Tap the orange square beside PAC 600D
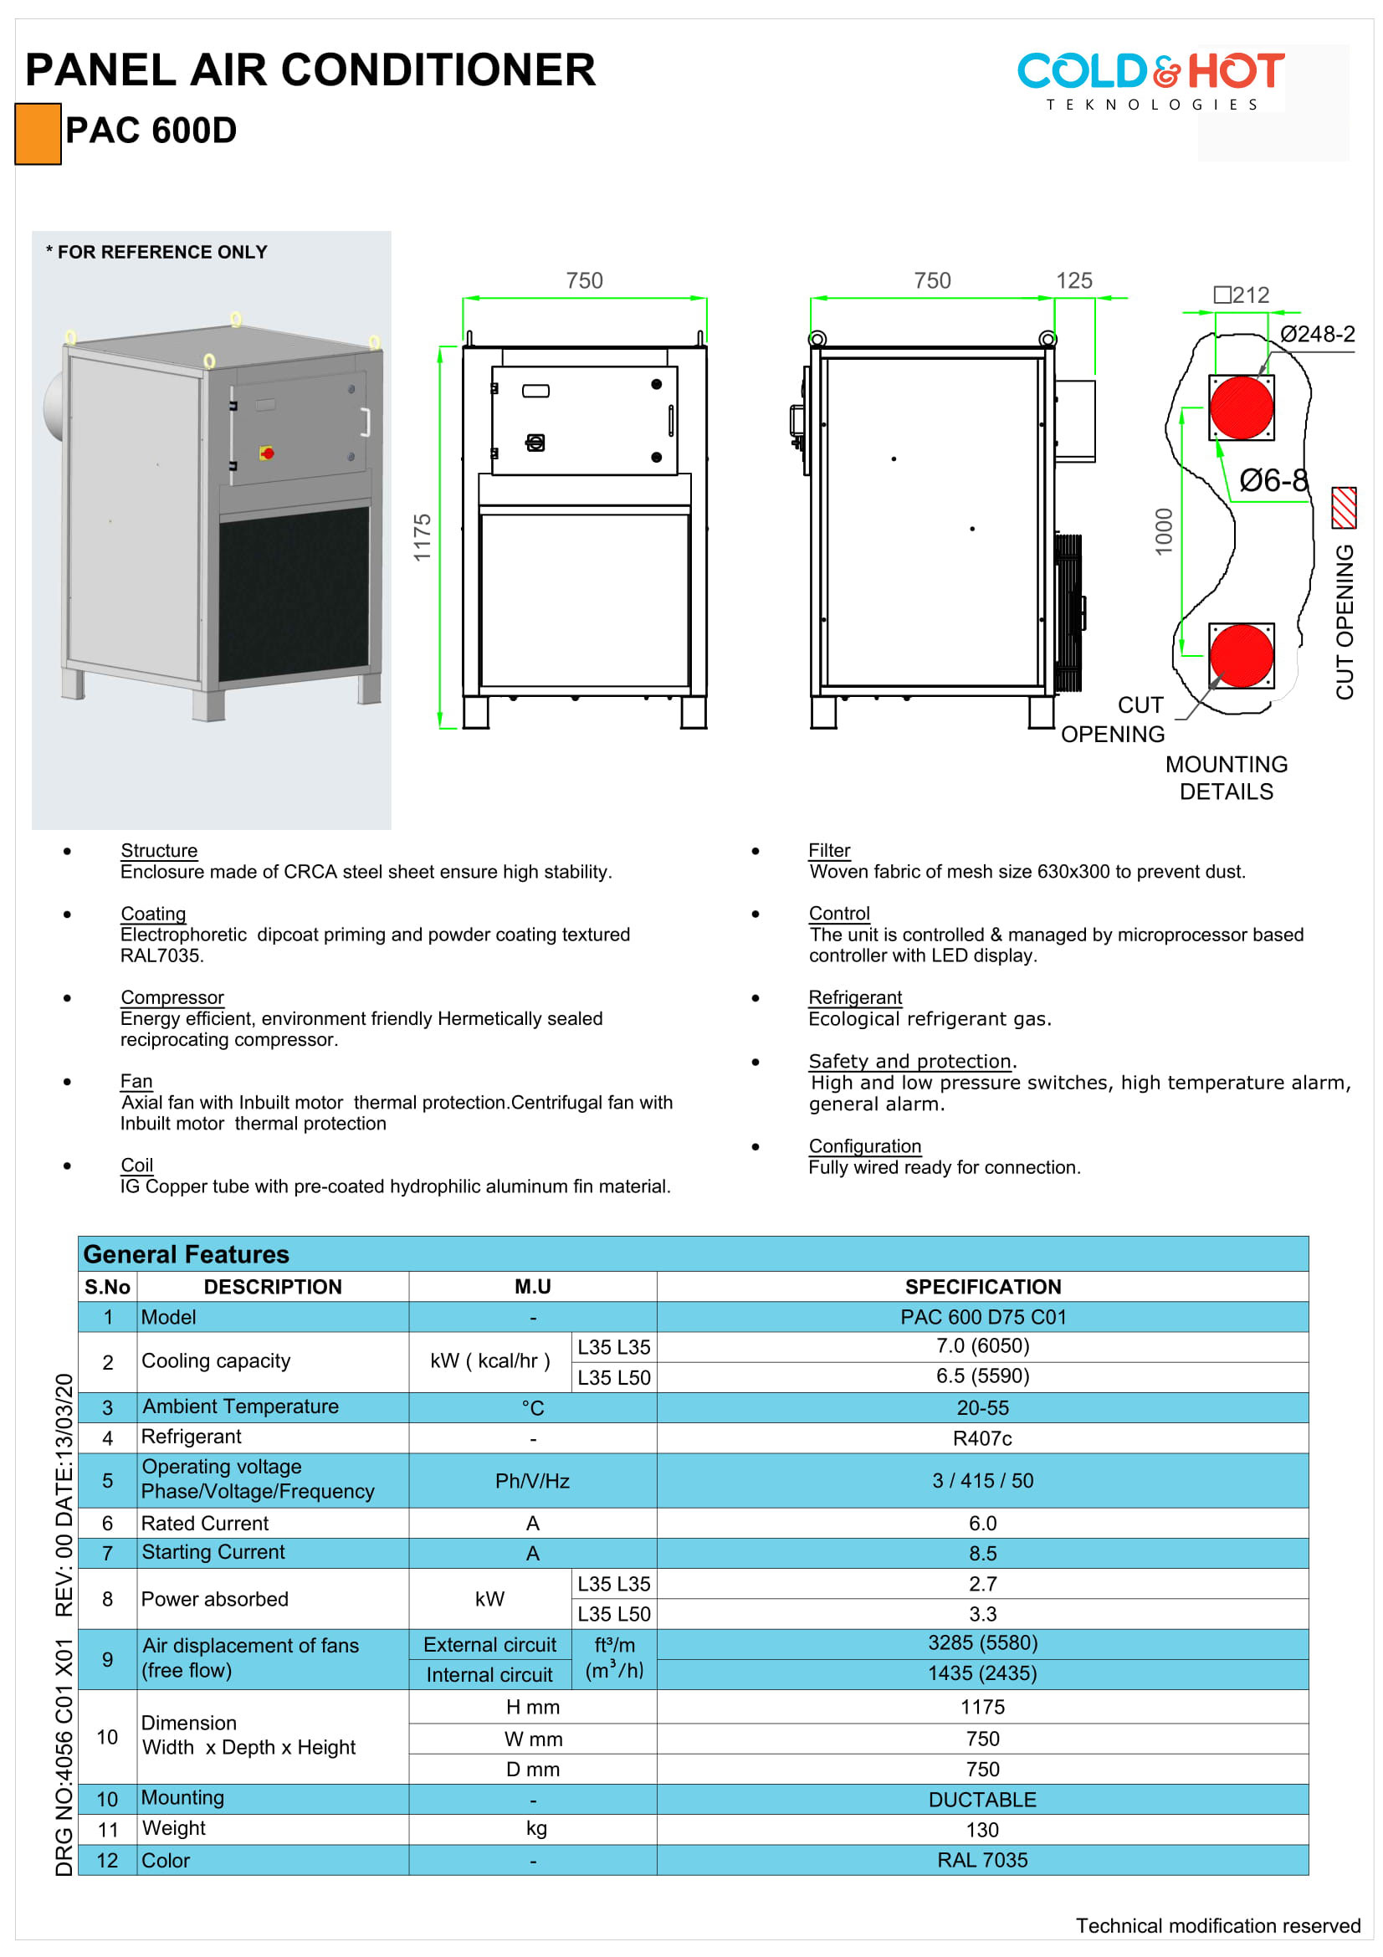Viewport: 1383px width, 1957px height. click(x=38, y=133)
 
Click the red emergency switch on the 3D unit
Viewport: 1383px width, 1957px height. click(x=267, y=453)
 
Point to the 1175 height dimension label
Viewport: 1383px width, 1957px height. click(x=423, y=537)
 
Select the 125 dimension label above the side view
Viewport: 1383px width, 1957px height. click(x=1073, y=280)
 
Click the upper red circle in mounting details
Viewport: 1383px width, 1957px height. click(x=1241, y=407)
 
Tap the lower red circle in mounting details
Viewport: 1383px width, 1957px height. click(x=1241, y=654)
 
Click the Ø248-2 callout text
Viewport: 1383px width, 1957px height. click(x=1317, y=334)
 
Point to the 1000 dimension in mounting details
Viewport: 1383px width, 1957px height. click(x=1164, y=532)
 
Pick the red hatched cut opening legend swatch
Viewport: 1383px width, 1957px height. click(x=1343, y=507)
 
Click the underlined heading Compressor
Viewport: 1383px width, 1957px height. click(x=172, y=997)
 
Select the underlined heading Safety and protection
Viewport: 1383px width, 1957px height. click(x=909, y=1061)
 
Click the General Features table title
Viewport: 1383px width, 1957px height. click(x=187, y=1254)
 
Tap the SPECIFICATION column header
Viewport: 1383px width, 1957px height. click(x=982, y=1286)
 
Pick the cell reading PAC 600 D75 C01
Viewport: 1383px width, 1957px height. click(x=982, y=1317)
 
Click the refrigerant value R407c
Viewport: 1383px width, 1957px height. click(x=982, y=1438)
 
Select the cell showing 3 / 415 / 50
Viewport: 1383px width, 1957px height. click(x=982, y=1481)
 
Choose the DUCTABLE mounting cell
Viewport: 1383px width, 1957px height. click(x=982, y=1800)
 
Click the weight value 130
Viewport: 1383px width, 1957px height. click(x=982, y=1829)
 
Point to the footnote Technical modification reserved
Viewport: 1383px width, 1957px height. click(x=1217, y=1925)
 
